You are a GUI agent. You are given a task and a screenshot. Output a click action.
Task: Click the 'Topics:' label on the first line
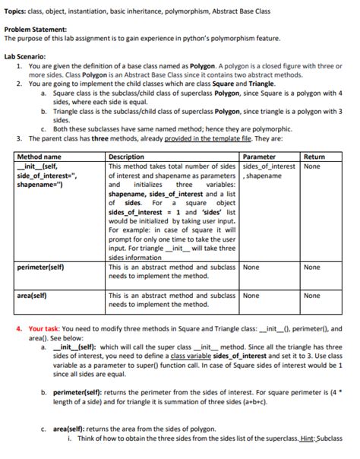[15, 7]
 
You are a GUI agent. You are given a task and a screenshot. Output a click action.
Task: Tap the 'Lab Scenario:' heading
[25, 55]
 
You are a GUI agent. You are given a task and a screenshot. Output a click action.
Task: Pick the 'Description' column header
[127, 157]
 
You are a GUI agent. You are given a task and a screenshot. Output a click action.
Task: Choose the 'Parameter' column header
[259, 157]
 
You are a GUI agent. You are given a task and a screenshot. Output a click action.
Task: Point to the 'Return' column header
[314, 157]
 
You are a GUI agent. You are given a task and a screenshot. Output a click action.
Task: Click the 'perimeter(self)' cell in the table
[40, 267]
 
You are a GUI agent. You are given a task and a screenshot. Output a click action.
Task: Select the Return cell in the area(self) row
[311, 296]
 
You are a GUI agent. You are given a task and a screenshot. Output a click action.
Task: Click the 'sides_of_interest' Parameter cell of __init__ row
[268, 166]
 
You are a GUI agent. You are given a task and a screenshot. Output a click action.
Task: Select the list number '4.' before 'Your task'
[19, 329]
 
